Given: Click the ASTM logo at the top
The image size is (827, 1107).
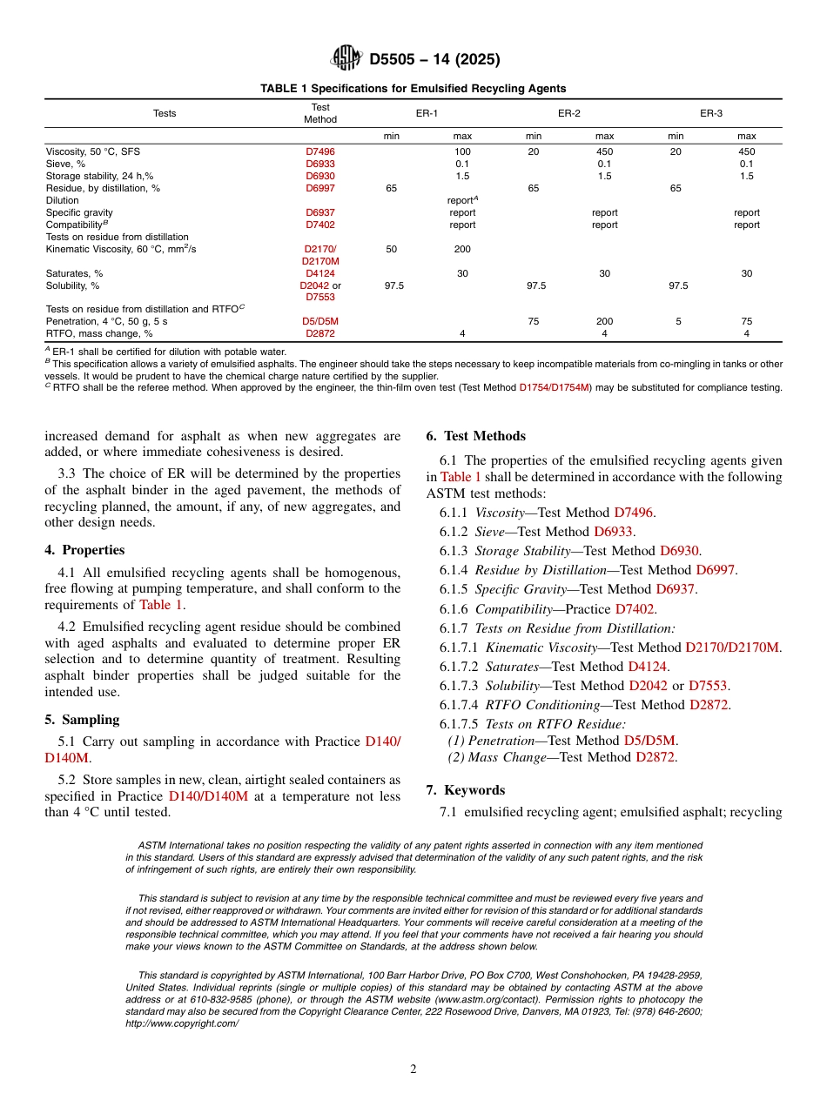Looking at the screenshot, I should point(346,58).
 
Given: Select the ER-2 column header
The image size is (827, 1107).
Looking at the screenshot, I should point(569,113).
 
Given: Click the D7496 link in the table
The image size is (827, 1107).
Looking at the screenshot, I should point(319,151).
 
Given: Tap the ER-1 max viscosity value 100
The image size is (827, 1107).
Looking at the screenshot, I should point(462,151).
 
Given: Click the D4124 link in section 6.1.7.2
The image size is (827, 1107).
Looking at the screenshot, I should point(649,667).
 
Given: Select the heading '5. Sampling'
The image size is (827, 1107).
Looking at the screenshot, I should point(82,720).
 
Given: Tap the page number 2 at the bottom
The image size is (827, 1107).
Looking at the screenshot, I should point(413,1070).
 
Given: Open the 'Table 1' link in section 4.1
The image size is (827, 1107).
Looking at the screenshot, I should point(161,605).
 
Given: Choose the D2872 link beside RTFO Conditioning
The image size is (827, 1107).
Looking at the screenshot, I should point(709,705).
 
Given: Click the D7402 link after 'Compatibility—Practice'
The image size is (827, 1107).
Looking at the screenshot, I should point(635,609).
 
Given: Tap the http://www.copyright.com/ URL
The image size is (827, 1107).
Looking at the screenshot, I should point(182,1024).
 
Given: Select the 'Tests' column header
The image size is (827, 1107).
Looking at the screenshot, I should point(165,113).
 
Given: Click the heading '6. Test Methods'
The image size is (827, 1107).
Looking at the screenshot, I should point(475,436).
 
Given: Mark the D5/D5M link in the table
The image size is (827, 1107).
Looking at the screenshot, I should point(319,321).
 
